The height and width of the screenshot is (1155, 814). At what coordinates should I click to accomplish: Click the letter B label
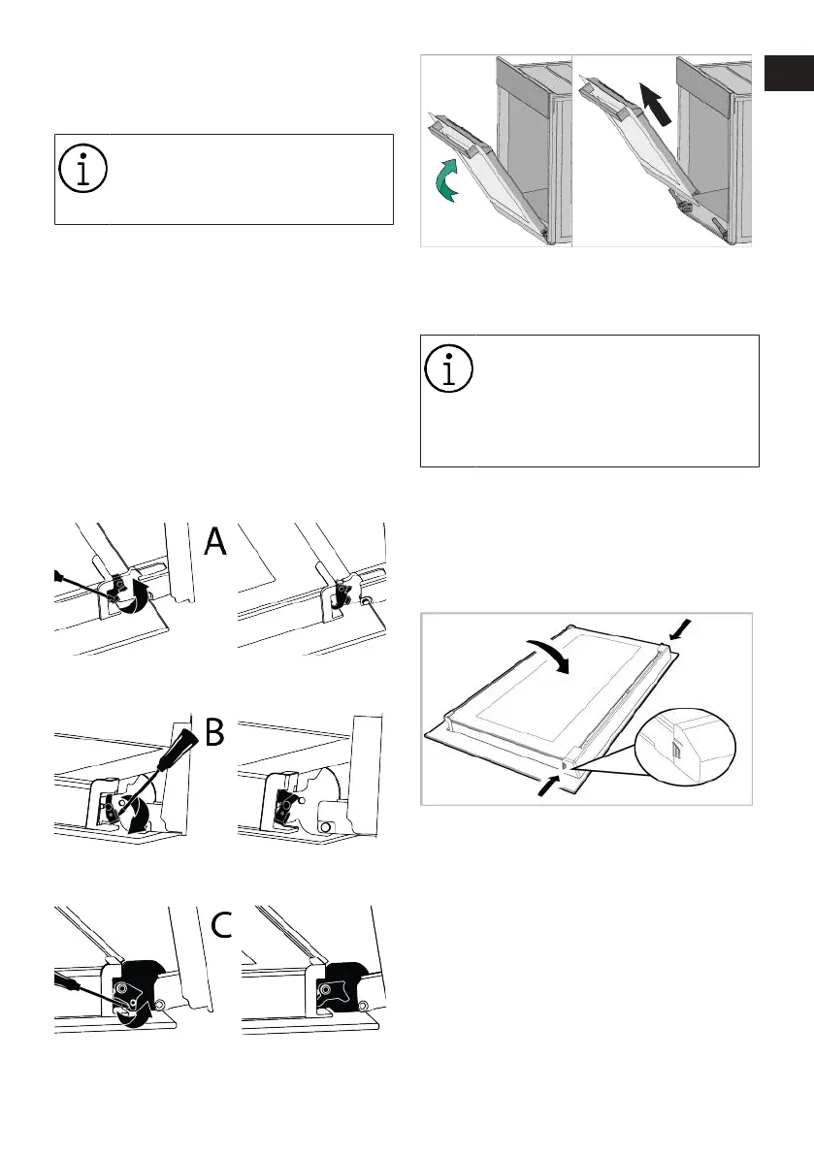pyautogui.click(x=214, y=732)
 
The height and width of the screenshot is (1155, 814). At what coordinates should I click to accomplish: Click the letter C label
pyautogui.click(x=222, y=925)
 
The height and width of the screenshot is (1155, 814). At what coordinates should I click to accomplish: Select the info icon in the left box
pyautogui.click(x=83, y=168)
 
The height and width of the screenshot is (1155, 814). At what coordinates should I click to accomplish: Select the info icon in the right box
pyautogui.click(x=448, y=369)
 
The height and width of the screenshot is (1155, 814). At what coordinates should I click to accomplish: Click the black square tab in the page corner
pyautogui.click(x=789, y=72)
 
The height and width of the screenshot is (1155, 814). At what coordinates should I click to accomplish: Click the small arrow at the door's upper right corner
pyautogui.click(x=681, y=630)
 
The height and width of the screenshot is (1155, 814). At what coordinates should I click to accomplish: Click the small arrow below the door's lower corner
pyautogui.click(x=549, y=785)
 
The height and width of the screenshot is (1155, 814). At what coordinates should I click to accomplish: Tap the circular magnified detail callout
pyautogui.click(x=685, y=748)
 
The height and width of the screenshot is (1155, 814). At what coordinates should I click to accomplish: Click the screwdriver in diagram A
pyautogui.click(x=81, y=586)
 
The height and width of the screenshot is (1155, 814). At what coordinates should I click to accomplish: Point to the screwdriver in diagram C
pyautogui.click(x=84, y=988)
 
